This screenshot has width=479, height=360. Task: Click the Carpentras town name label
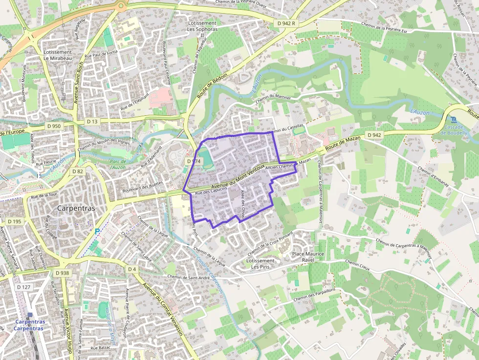point(76,208)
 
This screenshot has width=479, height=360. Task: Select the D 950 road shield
point(54,126)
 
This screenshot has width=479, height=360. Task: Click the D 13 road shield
point(92,121)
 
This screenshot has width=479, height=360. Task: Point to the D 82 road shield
point(77,171)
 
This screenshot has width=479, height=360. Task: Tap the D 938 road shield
point(62,273)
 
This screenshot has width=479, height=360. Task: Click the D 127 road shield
point(22,287)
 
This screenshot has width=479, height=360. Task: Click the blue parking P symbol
point(97,231)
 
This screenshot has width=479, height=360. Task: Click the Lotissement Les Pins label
point(261,264)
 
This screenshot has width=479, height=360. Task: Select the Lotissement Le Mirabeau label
point(58,55)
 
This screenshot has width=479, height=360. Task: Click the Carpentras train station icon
point(30,316)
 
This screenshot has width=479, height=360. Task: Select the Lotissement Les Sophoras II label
point(202,29)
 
